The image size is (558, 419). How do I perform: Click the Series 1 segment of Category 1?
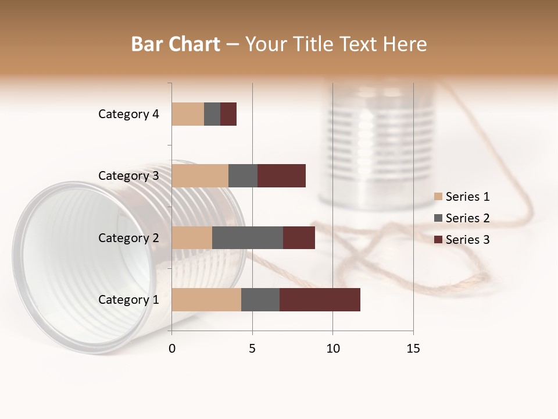tap(206, 299)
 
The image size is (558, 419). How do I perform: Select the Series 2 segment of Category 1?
tap(260, 299)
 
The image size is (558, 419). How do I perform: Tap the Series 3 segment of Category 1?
tap(320, 299)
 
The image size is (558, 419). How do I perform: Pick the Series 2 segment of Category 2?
tap(248, 237)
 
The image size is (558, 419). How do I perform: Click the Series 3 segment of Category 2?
tap(299, 237)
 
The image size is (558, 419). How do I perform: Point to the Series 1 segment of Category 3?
tap(200, 176)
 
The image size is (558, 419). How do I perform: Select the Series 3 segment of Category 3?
tap(281, 176)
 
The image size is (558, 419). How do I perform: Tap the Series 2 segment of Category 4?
tap(212, 114)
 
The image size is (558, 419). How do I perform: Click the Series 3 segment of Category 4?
tap(228, 114)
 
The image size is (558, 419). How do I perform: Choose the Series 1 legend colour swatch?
tap(438, 197)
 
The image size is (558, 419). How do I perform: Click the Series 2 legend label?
tap(467, 218)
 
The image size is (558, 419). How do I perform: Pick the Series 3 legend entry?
tap(462, 240)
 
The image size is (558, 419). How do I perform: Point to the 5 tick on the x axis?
tap(252, 349)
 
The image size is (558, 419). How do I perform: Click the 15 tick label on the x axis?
tap(413, 349)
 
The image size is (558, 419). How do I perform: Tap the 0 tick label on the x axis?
tap(172, 349)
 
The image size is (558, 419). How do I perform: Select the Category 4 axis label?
tap(128, 114)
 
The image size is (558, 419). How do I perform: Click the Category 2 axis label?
tap(128, 237)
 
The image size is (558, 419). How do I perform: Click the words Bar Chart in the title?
tap(176, 44)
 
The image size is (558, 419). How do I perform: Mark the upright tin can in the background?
tap(377, 145)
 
